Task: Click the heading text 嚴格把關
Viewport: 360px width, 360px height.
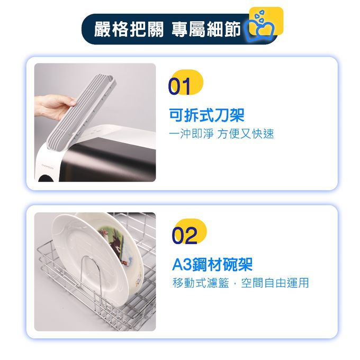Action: [x=129, y=30]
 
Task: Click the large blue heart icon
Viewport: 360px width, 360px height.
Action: [x=259, y=30]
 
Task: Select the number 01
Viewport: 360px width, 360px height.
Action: [x=179, y=86]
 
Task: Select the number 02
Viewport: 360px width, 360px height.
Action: [x=184, y=236]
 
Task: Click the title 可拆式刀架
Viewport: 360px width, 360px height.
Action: [x=206, y=115]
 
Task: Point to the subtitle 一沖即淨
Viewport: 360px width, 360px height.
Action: [x=191, y=134]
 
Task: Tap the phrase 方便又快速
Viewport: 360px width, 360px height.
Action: [x=246, y=134]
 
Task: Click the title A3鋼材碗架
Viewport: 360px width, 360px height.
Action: [x=212, y=264]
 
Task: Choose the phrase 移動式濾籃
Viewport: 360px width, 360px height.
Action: [x=201, y=283]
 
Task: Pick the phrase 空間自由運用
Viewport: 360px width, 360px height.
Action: [x=275, y=283]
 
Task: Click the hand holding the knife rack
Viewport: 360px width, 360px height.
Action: [x=55, y=106]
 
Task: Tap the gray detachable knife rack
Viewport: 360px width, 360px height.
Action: [x=82, y=113]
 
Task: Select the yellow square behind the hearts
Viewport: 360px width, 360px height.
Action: [x=266, y=21]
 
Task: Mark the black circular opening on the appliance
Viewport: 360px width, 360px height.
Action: [x=47, y=178]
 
